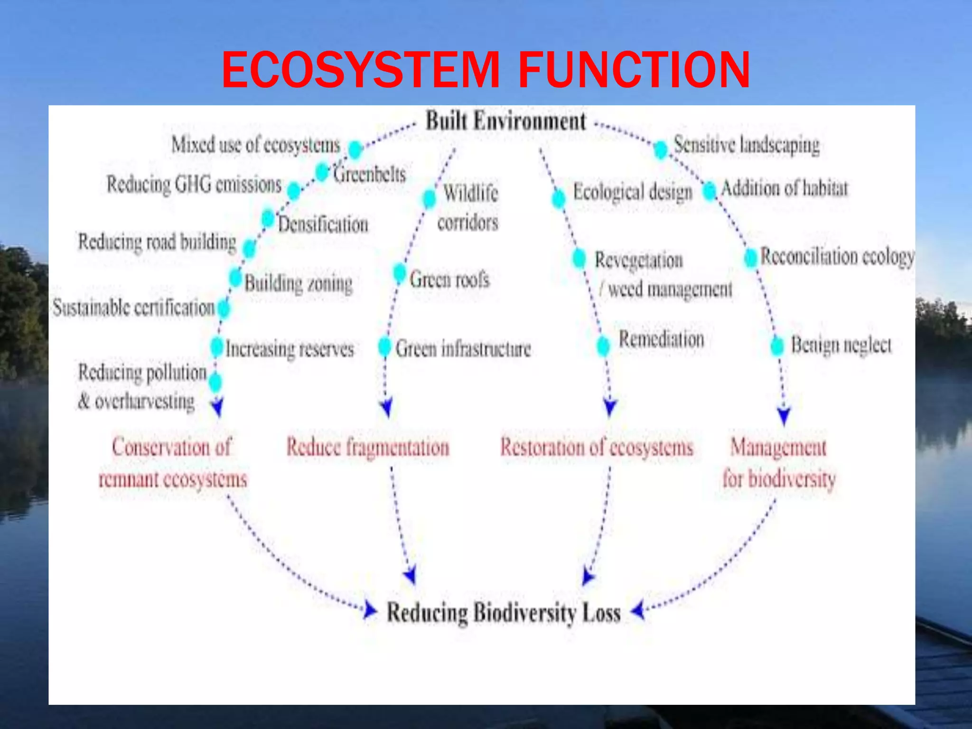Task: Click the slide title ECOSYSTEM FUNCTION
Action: (486, 70)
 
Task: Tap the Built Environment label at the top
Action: (505, 121)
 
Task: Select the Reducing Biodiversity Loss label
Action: (504, 612)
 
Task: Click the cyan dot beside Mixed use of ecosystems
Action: (355, 150)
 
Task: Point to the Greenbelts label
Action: (369, 174)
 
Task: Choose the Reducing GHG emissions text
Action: (194, 184)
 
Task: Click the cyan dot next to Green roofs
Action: (400, 273)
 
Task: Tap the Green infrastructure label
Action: (463, 348)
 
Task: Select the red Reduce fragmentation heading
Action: (368, 448)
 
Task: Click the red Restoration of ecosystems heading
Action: (597, 448)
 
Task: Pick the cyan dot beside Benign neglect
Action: (777, 346)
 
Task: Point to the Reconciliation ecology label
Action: (837, 257)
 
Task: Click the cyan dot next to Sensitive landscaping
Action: (660, 150)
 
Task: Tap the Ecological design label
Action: (633, 192)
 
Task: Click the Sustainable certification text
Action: (134, 308)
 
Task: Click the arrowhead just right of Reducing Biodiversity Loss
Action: (638, 610)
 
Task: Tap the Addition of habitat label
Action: (784, 188)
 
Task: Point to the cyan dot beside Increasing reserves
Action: (216, 347)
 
